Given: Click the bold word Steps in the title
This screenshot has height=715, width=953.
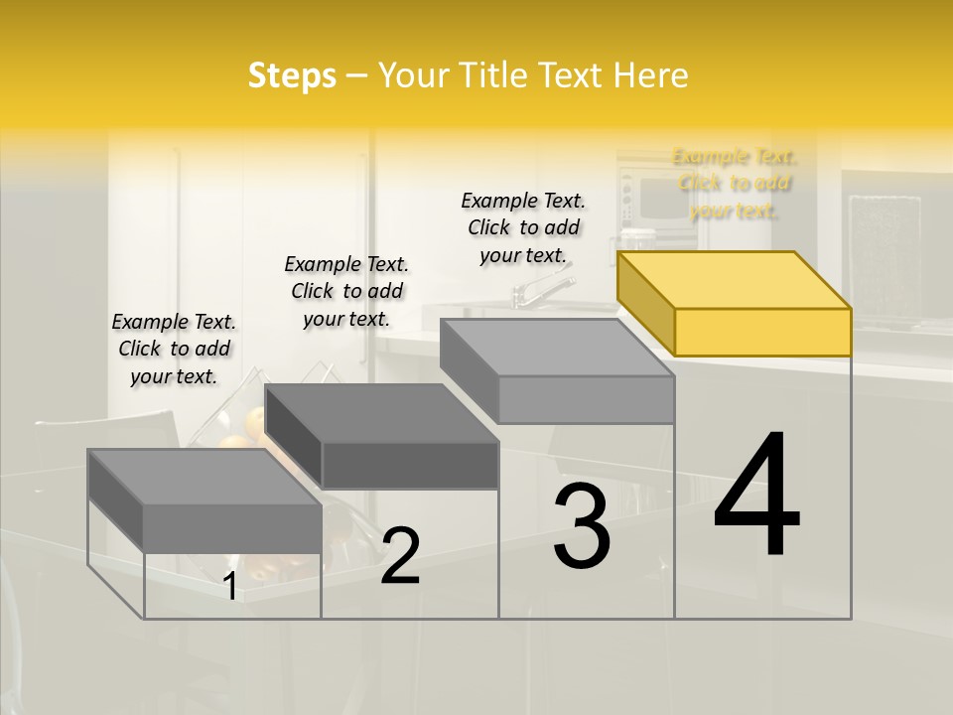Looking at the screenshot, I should click(x=292, y=75).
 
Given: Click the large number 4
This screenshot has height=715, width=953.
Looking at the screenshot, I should click(x=756, y=496).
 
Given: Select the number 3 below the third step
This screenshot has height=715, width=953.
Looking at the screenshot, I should click(x=582, y=527).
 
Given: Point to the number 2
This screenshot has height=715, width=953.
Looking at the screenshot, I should click(x=400, y=556).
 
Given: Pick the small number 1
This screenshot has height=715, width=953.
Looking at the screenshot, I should click(x=230, y=586).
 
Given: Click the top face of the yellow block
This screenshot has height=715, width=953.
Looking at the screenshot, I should click(x=735, y=279).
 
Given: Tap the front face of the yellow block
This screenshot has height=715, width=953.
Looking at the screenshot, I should click(x=762, y=332).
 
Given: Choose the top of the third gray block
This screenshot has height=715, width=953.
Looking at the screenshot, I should click(x=557, y=348).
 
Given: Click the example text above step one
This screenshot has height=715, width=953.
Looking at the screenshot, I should click(x=174, y=349).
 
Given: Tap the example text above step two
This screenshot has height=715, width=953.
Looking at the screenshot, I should click(x=346, y=291).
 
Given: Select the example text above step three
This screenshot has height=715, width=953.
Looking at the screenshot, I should click(x=523, y=227).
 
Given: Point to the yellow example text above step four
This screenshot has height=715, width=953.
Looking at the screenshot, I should click(x=734, y=183).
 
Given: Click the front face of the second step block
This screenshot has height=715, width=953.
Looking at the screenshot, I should click(x=410, y=465).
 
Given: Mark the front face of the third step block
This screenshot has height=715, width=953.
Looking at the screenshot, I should click(x=586, y=399).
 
